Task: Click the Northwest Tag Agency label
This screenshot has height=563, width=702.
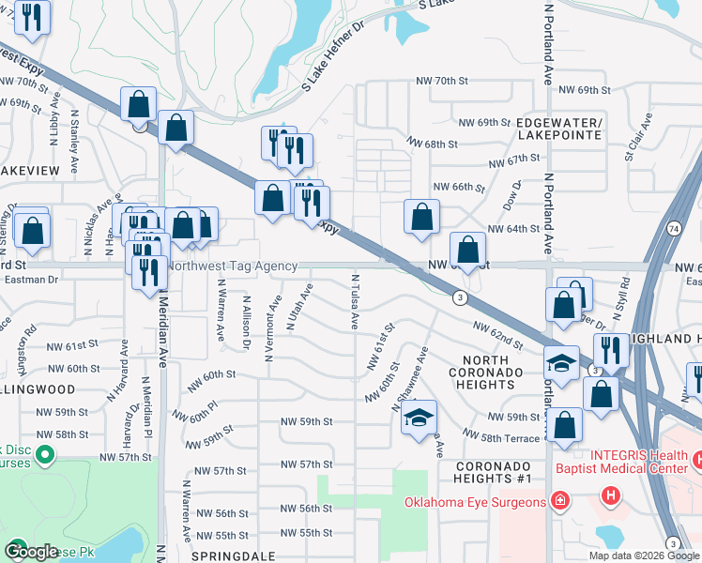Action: point(233,266)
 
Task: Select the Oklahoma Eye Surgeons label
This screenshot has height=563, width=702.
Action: point(475,502)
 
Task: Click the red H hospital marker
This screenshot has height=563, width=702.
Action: point(611,495)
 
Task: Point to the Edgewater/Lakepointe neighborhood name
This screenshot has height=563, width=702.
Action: point(558,129)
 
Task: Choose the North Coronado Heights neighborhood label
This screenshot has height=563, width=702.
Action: point(492,366)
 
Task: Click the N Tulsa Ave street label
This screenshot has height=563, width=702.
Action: point(355,301)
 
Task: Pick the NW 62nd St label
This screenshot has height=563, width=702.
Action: point(497,333)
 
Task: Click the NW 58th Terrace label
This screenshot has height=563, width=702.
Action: point(503,434)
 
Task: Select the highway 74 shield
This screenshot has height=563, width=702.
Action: point(674,229)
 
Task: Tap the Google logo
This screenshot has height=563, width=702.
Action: point(31,551)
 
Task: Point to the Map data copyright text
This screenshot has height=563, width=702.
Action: point(644,555)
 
